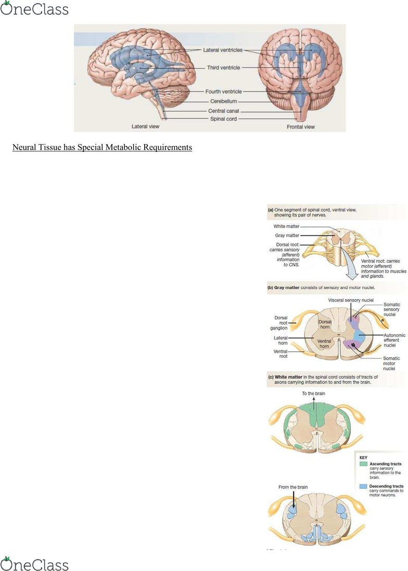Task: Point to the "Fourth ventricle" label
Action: [223, 92]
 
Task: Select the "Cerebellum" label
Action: [224, 101]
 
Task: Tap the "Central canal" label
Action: [224, 111]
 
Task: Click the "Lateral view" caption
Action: [145, 126]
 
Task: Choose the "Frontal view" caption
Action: [301, 127]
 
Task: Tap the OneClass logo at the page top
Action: [34, 9]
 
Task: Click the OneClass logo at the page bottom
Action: [34, 564]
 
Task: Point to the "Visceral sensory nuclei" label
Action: [349, 300]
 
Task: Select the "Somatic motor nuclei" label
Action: [391, 363]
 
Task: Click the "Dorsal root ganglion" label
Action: [281, 323]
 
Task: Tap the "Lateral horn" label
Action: [281, 341]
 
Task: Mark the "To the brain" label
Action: [313, 393]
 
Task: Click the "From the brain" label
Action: [293, 487]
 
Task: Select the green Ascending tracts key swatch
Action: [363, 463]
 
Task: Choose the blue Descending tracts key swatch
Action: [363, 486]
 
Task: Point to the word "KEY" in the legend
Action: [364, 457]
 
